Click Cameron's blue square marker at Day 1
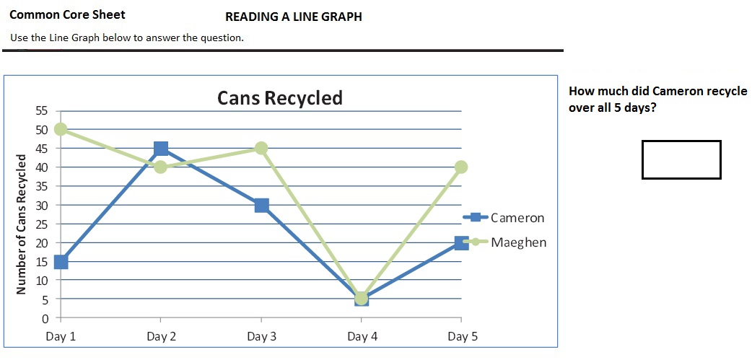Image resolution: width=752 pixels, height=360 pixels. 61,261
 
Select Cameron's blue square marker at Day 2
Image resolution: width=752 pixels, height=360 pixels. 161,148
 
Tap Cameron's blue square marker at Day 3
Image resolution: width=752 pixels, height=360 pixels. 261,205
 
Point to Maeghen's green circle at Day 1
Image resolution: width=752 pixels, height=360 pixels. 61,129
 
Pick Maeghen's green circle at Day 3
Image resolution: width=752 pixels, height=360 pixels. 261,148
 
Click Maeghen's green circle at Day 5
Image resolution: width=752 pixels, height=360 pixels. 462,167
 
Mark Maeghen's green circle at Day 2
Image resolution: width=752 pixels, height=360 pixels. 161,167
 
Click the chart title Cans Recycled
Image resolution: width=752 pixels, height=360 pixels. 280,98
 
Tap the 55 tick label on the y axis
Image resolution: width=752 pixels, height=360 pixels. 42,110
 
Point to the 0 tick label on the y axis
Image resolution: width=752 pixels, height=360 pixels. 45,318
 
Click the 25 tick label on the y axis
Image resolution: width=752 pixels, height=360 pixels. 42,224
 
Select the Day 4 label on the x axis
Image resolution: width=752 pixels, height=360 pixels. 362,336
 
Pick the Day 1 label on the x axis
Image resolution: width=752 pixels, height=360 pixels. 61,336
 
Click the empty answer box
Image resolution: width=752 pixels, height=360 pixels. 681,159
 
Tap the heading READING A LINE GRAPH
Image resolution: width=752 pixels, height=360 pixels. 294,17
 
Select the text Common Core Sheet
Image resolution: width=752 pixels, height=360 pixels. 68,14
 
